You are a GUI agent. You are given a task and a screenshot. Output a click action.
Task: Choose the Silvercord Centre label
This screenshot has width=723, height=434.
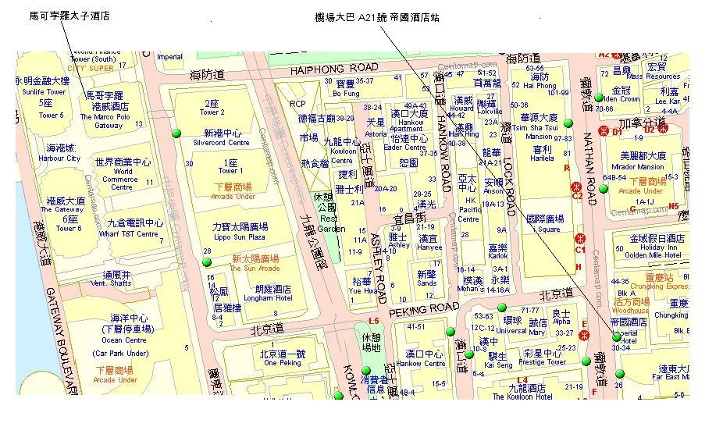227,143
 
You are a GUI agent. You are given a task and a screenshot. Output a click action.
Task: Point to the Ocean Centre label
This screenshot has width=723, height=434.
124,340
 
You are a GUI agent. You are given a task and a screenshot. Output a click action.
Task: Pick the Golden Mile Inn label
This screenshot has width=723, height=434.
657,254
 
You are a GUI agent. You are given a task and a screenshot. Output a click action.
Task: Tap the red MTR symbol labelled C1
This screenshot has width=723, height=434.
580,238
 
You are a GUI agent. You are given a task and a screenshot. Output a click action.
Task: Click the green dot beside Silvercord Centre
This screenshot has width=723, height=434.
176,134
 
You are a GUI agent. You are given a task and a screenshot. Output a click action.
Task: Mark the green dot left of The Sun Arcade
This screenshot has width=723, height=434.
208,262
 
